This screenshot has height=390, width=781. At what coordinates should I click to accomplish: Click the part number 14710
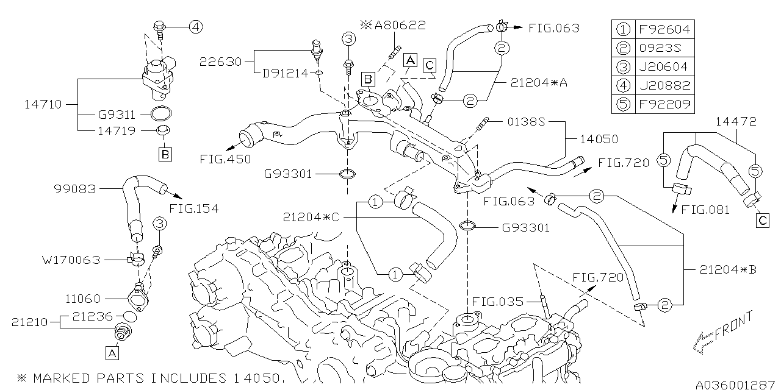(43, 104)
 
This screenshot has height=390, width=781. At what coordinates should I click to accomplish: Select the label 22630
(220, 62)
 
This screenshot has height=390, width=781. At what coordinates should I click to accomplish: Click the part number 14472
(736, 122)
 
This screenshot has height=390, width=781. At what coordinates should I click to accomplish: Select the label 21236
(92, 316)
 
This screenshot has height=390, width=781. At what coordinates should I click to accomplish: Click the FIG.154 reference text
(193, 208)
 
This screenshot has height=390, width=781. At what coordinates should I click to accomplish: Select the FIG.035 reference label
(497, 300)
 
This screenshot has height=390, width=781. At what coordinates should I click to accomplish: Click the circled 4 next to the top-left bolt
(195, 26)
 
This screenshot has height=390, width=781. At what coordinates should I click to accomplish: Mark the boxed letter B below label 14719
(165, 154)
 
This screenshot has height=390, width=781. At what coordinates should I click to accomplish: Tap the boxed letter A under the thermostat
(112, 352)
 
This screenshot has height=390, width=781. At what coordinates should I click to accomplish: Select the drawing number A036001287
(735, 385)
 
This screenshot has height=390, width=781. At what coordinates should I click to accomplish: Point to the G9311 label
(116, 114)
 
